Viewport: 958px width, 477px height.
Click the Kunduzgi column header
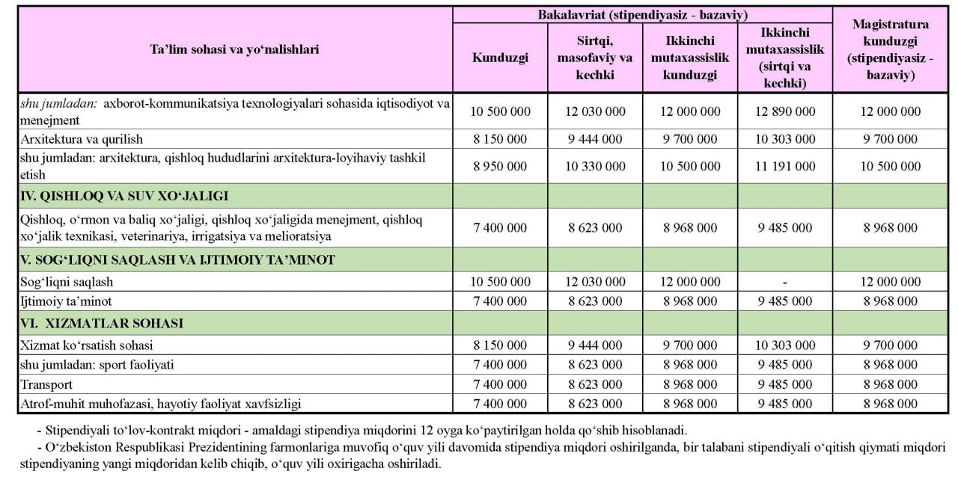[x=500, y=58]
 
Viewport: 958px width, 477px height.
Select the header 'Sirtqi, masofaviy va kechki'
[x=595, y=57]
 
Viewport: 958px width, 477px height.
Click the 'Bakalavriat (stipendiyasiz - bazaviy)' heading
[x=642, y=15]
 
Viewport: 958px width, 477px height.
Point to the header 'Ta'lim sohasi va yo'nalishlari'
[x=234, y=49]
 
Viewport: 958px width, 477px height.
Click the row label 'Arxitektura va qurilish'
[x=82, y=139]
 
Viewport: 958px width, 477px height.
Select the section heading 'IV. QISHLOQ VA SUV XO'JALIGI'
[x=125, y=197]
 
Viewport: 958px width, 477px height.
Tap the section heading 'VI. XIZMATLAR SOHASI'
[x=103, y=324]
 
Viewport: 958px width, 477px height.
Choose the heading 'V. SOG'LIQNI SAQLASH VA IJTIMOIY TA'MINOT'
[x=178, y=260]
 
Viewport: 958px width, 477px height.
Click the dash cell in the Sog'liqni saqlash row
[x=784, y=283]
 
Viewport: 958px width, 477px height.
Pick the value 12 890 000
[x=784, y=111]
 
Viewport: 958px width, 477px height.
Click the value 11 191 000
[x=784, y=167]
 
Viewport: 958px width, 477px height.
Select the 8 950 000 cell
[x=500, y=167]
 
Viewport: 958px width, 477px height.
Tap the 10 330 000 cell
[x=595, y=167]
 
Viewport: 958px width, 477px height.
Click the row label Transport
[x=46, y=384]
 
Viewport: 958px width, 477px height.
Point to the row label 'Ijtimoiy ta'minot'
[x=66, y=301]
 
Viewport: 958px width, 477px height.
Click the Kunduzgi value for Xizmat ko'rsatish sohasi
[x=500, y=345]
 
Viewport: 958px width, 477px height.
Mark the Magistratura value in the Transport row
[x=890, y=384]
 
